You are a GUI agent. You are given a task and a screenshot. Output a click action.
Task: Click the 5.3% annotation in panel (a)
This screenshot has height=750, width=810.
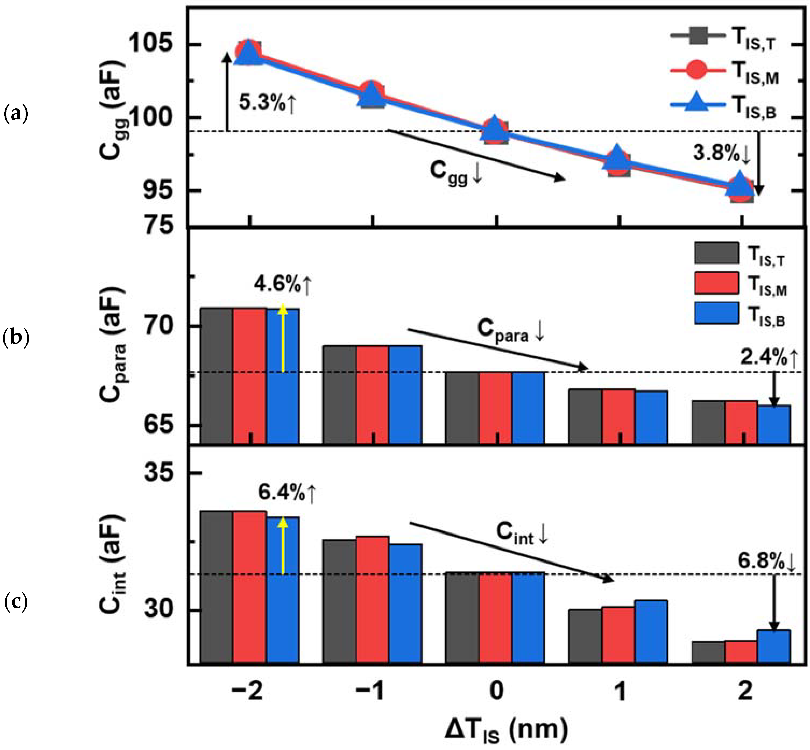[267, 103]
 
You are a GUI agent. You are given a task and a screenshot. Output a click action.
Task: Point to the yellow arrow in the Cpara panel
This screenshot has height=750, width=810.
[283, 339]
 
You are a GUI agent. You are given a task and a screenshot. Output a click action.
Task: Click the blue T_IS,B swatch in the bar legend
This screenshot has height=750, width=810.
[716, 313]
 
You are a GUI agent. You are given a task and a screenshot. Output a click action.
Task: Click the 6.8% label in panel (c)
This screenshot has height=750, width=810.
[766, 562]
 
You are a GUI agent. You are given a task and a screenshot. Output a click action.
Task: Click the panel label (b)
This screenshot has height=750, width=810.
[16, 338]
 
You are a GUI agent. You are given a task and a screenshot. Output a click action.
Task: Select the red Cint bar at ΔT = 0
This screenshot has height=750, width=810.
[495, 617]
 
